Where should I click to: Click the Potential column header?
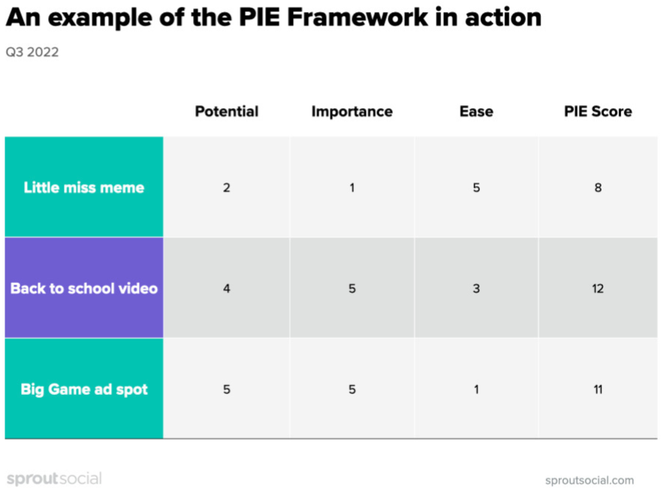tap(227, 111)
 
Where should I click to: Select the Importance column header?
tap(352, 111)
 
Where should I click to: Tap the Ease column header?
tap(476, 111)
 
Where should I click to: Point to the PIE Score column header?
tap(598, 111)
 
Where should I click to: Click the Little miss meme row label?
tap(84, 187)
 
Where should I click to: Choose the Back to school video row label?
tap(84, 288)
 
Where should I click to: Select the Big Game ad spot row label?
tap(84, 389)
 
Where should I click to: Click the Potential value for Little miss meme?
tap(227, 188)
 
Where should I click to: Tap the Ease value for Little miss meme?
tap(476, 188)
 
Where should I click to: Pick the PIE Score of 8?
tap(598, 188)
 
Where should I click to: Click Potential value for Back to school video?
tap(227, 289)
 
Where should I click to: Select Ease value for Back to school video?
tap(476, 289)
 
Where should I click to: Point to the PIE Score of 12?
tap(598, 289)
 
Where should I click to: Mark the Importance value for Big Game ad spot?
tap(352, 390)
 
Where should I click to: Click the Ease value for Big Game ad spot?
tap(476, 390)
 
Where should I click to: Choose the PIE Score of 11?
tap(598, 390)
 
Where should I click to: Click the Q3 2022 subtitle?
tap(32, 52)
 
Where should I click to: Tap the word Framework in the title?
tap(358, 17)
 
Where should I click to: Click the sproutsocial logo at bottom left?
tap(54, 479)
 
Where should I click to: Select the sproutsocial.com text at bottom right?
tap(590, 480)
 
